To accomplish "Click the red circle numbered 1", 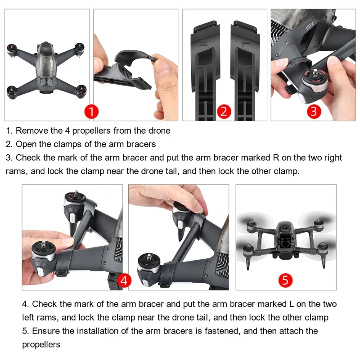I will click(x=91, y=112).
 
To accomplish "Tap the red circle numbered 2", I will click(x=224, y=112).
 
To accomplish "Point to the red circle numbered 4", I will click(x=125, y=281).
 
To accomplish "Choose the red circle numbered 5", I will click(x=285, y=281).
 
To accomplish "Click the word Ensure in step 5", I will click(x=46, y=331).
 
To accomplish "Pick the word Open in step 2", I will click(x=25, y=144).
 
